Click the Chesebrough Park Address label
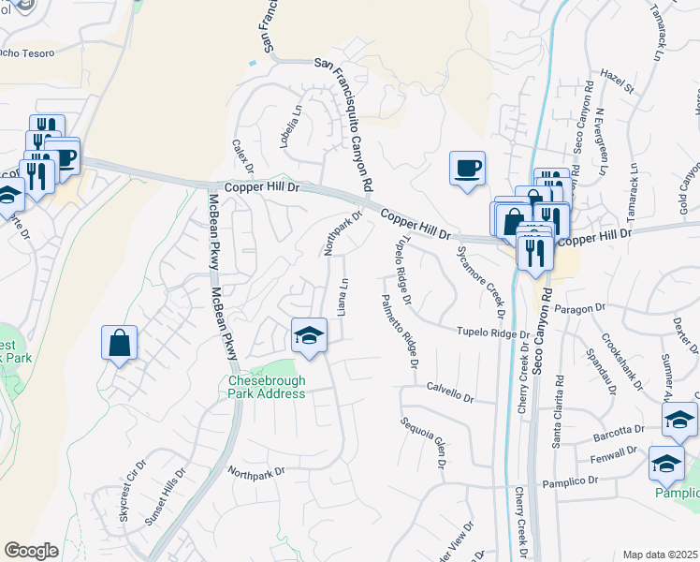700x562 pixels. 267,387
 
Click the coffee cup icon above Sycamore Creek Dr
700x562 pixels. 467,169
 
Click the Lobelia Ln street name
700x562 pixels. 297,119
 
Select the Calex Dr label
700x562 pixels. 244,157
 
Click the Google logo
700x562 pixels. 32,551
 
